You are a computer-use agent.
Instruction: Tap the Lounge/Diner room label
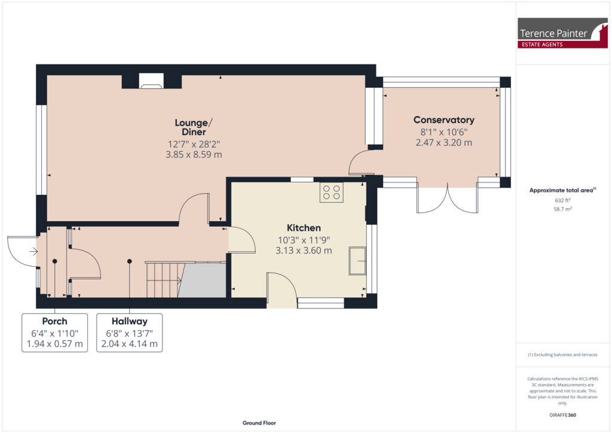(x=190, y=127)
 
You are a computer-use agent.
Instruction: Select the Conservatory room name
(x=443, y=120)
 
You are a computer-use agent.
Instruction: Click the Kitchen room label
(x=304, y=228)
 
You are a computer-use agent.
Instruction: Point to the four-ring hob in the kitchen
(x=332, y=192)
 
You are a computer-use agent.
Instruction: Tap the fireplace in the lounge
(x=151, y=82)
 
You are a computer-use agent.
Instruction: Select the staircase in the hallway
(x=163, y=279)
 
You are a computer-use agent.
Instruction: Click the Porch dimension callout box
(x=54, y=333)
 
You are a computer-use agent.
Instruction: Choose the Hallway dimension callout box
(x=129, y=333)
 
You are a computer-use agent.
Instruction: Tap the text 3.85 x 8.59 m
(x=190, y=154)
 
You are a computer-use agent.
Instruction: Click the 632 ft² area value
(x=562, y=201)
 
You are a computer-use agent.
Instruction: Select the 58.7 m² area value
(x=562, y=209)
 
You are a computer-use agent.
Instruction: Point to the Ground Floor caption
(x=259, y=423)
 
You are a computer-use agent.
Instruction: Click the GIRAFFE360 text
(x=562, y=414)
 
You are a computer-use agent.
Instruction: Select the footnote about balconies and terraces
(x=562, y=355)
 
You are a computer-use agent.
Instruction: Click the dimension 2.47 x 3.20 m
(x=443, y=143)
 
